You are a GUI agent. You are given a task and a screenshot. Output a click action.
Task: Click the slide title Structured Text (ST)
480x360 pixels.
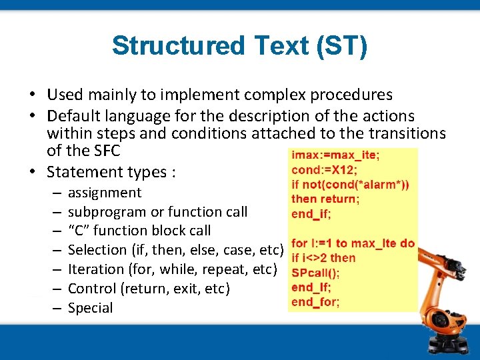point(239,46)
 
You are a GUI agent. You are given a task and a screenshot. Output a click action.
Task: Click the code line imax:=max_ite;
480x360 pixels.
point(333,155)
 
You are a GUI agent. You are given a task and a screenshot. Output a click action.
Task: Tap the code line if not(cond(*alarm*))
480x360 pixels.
point(351,184)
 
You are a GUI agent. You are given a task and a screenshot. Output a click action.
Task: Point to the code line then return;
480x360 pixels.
point(325,199)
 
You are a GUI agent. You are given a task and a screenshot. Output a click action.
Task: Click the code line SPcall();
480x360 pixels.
point(316,273)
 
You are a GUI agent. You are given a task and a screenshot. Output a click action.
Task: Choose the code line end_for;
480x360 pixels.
point(315,302)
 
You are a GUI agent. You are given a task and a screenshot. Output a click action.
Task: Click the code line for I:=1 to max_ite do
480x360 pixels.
point(353,243)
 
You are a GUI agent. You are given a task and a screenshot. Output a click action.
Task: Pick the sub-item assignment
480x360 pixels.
point(105,193)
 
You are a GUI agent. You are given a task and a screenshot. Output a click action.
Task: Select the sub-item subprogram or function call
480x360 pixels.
point(157,212)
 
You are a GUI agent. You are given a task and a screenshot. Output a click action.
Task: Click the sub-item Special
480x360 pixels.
point(90,308)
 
